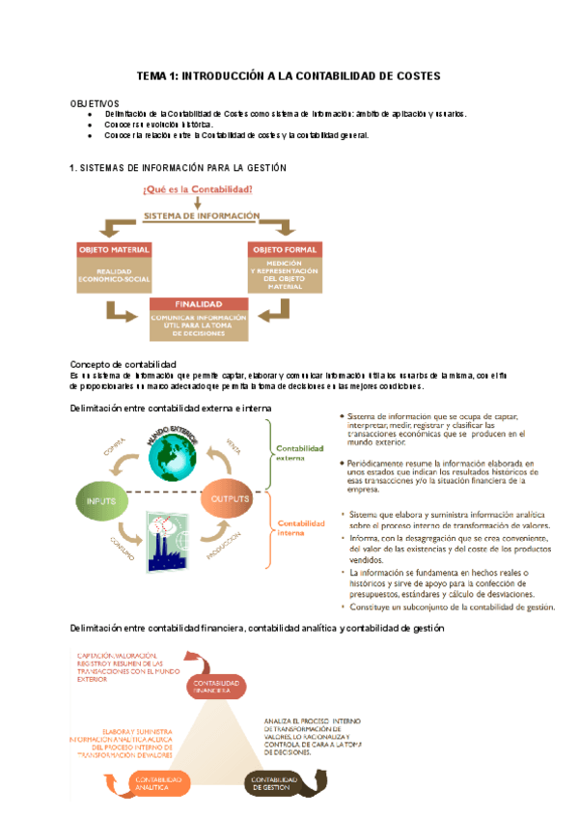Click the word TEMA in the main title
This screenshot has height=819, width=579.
(152, 75)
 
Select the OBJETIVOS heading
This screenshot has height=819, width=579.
(95, 102)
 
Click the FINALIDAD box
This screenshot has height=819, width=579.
(198, 318)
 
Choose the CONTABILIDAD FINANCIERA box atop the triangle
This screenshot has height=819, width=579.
(210, 687)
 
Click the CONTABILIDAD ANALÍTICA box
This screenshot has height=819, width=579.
(159, 783)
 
